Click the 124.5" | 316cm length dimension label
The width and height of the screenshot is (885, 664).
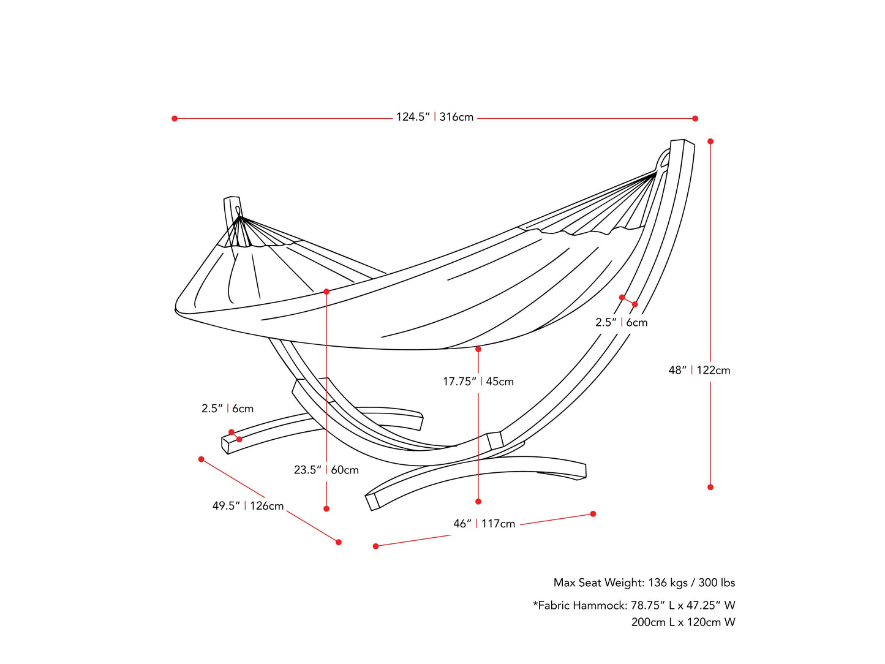pos(435,117)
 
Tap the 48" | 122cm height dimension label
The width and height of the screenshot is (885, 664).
pos(699,370)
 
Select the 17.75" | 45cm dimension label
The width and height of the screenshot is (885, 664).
pos(478,382)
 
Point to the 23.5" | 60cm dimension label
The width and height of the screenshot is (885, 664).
pos(326,470)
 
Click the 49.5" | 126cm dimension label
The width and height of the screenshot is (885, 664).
pos(248,506)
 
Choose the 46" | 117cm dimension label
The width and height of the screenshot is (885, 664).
pos(484,524)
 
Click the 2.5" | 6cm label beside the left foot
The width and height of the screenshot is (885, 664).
pos(227,409)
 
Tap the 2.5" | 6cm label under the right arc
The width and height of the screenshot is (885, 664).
pos(621,322)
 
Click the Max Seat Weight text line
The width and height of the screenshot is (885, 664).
pos(644,583)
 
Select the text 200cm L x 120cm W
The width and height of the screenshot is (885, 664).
pos(684,622)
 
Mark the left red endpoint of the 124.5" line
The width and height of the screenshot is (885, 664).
pos(175,118)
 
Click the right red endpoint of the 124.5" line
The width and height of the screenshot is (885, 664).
pos(695,118)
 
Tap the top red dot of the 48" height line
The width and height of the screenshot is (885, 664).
pos(710,141)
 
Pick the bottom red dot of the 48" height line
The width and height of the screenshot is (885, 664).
pos(710,487)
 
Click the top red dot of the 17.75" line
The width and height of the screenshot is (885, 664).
pos(478,349)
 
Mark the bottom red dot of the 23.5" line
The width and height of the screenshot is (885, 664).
pos(326,508)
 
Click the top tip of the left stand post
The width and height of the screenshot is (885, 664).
pos(232,198)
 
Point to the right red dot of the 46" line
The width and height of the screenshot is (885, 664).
pos(593,514)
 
